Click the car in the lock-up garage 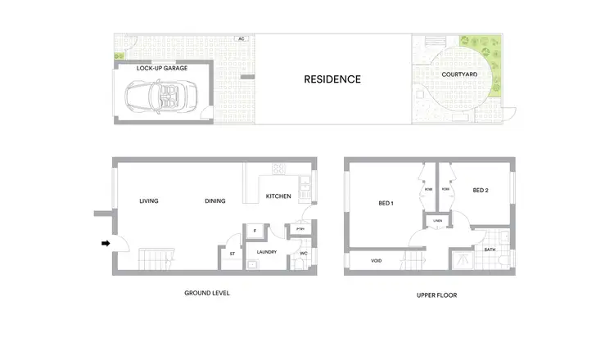(160, 98)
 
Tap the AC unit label (241, 38)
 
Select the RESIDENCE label (332, 79)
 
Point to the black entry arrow (105, 243)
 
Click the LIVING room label (148, 200)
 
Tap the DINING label (215, 200)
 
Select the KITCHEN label (278, 196)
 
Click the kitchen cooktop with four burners (278, 170)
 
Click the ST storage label (232, 253)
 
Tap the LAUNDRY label (267, 252)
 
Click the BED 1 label (386, 203)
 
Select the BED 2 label (481, 191)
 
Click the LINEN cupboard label (436, 220)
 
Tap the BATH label (490, 250)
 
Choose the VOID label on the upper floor (376, 261)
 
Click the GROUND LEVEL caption (208, 293)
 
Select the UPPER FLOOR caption (431, 294)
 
